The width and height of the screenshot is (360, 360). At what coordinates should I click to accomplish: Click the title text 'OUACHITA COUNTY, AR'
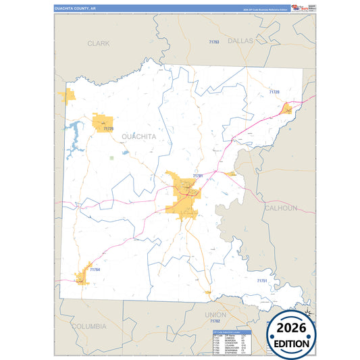point(76,9)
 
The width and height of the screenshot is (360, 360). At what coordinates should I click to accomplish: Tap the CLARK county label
point(98,43)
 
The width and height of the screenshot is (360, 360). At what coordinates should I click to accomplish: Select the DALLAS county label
point(240,41)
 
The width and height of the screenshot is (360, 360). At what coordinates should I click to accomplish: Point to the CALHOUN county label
point(280,208)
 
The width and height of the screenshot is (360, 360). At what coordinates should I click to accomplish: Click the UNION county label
point(216,315)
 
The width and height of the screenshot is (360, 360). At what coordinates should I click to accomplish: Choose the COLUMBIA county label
point(88,326)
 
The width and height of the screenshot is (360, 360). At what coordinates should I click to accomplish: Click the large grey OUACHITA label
point(138,136)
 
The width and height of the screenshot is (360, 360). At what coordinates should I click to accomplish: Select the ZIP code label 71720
point(274,92)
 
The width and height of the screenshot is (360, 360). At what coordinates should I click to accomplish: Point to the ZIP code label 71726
point(109,128)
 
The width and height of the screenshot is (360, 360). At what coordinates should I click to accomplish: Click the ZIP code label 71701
point(197,176)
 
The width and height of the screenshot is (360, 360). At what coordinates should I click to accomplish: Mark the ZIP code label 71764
point(94,270)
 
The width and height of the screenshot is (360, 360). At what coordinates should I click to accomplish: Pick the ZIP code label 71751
point(262,280)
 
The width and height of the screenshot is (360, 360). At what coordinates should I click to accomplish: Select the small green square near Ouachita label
point(111,158)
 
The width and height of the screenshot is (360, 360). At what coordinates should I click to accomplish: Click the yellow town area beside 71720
point(287,108)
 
